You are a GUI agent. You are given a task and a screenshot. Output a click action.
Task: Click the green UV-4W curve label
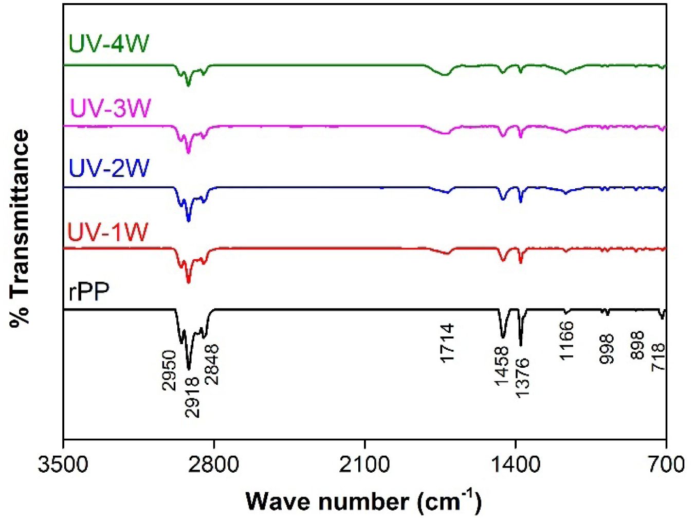pos(109,44)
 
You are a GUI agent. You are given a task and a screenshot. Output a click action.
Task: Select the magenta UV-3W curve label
pos(110,109)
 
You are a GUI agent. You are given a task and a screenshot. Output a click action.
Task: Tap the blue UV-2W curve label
pos(109,168)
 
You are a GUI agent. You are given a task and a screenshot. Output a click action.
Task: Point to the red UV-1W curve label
pos(108,233)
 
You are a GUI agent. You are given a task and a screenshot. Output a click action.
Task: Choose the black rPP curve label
pos(89,292)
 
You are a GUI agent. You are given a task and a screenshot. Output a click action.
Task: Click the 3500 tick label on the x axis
pos(63,465)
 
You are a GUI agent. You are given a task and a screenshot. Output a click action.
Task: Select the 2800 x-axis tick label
pos(214,465)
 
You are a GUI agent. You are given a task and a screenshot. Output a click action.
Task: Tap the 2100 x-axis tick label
pos(364,465)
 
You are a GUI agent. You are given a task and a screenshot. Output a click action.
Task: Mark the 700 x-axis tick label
pos(666,465)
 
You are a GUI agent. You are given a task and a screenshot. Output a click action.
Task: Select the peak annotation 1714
pos(447,343)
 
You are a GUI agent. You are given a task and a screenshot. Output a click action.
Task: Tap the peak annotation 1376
pos(522,378)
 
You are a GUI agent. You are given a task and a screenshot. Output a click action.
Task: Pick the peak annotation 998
pos(607,349)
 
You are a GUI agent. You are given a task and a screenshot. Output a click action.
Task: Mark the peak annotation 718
pos(658,357)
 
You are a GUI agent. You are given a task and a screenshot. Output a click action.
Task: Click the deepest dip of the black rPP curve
pos(189,369)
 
